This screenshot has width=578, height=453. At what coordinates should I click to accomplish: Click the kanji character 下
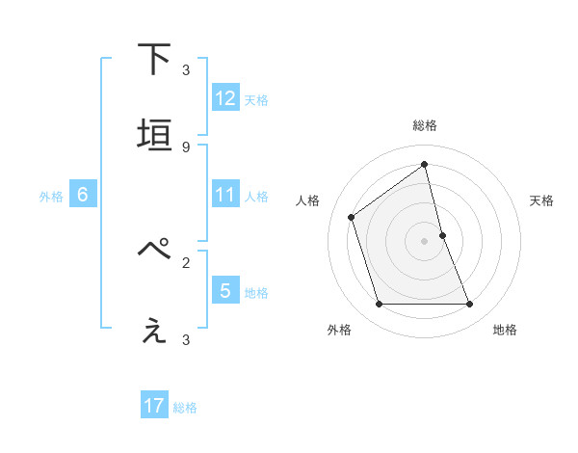pyautogui.click(x=155, y=61)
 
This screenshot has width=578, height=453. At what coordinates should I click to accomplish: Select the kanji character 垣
pyautogui.click(x=155, y=136)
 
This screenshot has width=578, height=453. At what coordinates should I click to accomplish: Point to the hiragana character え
pyautogui.click(x=155, y=331)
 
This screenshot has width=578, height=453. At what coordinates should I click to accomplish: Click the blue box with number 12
pyautogui.click(x=225, y=97)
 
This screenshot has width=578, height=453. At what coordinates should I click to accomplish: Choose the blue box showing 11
pyautogui.click(x=225, y=195)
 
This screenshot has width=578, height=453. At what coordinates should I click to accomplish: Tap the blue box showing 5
pyautogui.click(x=225, y=290)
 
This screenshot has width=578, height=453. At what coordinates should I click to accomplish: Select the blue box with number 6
pyautogui.click(x=83, y=195)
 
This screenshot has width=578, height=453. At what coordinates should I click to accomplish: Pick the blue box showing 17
pyautogui.click(x=154, y=407)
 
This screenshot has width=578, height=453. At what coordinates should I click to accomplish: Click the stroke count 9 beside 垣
pyautogui.click(x=186, y=147)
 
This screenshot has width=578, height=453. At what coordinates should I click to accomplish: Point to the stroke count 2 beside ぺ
pyautogui.click(x=186, y=261)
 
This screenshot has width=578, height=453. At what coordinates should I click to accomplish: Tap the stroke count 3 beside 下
pyautogui.click(x=186, y=70)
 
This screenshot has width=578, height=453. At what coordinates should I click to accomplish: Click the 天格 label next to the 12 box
pyautogui.click(x=256, y=99)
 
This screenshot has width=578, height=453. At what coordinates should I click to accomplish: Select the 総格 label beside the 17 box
pyautogui.click(x=185, y=408)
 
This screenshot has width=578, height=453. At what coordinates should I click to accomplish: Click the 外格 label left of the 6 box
pyautogui.click(x=51, y=196)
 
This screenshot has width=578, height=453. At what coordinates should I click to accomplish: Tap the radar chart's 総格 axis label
pyautogui.click(x=425, y=125)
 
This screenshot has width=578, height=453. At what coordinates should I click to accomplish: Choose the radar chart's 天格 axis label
pyautogui.click(x=542, y=200)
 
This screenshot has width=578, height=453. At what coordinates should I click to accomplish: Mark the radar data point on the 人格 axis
pyautogui.click(x=352, y=217)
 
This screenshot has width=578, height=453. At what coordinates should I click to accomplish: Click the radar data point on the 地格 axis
pyautogui.click(x=470, y=305)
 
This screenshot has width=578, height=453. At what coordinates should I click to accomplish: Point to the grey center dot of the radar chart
pyautogui.click(x=425, y=241)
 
